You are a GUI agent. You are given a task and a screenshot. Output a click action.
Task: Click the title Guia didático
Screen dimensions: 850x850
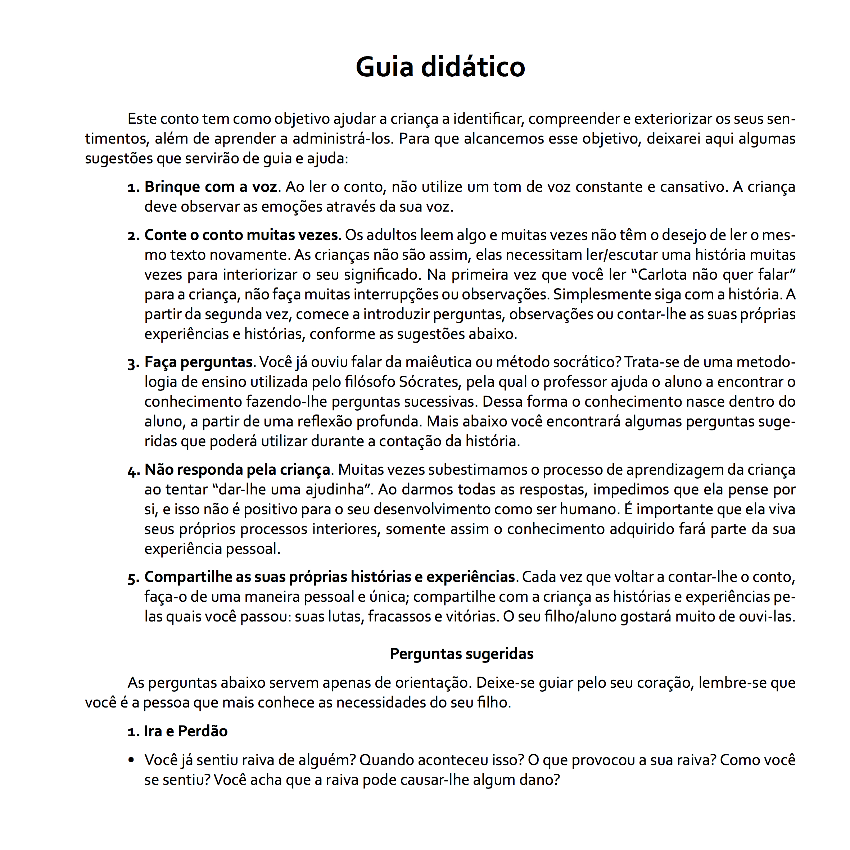click(x=440, y=67)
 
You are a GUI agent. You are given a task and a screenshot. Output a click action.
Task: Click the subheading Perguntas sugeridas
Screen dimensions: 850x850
click(x=461, y=654)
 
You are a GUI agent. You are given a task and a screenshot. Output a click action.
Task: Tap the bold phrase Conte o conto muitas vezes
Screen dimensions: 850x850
click(x=241, y=235)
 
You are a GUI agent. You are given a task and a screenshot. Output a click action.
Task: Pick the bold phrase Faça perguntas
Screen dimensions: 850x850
click(x=198, y=362)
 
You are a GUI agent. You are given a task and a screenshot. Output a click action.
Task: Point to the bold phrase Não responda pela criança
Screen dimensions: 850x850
click(x=237, y=470)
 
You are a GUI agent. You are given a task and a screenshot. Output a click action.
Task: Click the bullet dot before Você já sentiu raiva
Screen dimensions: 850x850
click(x=131, y=760)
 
